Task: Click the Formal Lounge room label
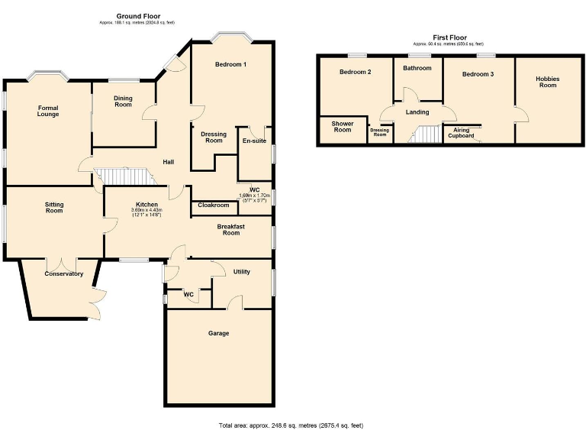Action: pyautogui.click(x=48, y=112)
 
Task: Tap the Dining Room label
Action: pyautogui.click(x=123, y=101)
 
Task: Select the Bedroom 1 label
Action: pyautogui.click(x=230, y=64)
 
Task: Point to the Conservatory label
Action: pyautogui.click(x=63, y=273)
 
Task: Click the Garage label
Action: pyautogui.click(x=219, y=333)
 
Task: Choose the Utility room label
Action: pyautogui.click(x=242, y=272)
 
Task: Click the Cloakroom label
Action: pyautogui.click(x=214, y=205)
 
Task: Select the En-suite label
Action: pyautogui.click(x=254, y=141)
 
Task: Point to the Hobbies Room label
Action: pyautogui.click(x=547, y=82)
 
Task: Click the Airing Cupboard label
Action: pyautogui.click(x=462, y=133)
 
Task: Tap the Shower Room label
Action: pyautogui.click(x=343, y=127)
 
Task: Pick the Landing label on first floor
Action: pyautogui.click(x=417, y=112)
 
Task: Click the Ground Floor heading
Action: pyautogui.click(x=137, y=16)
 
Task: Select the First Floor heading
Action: pyautogui.click(x=449, y=37)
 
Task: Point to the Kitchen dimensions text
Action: pyautogui.click(x=146, y=213)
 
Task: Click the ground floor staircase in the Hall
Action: pyautogui.click(x=122, y=176)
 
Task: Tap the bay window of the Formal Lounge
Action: pyautogui.click(x=47, y=76)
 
